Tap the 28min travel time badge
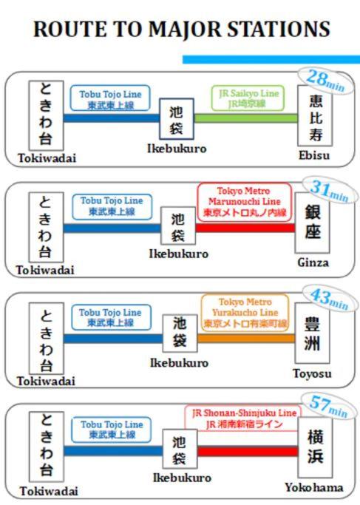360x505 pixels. pos(326,81)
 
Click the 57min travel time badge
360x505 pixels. pos(328,407)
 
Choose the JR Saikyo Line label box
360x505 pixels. pos(248,98)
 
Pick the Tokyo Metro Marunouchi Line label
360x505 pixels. pos(245,202)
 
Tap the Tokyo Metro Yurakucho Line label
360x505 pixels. pos(245,313)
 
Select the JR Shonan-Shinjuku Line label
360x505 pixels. pos(244,418)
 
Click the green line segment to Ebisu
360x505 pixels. pos(245,118)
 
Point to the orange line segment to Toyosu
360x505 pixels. pos(246,339)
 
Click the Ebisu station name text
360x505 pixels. pos(314,155)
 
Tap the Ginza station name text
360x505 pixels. pos(313,262)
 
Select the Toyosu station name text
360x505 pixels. pos(312,373)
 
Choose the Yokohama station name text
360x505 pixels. pos(313,487)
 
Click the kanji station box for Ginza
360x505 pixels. pos(313,223)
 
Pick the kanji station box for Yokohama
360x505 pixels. pos(315,447)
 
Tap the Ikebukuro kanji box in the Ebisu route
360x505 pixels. pos(177,119)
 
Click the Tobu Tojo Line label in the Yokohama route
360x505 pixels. pos(112,430)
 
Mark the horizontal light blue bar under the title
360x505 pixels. pos(271,59)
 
